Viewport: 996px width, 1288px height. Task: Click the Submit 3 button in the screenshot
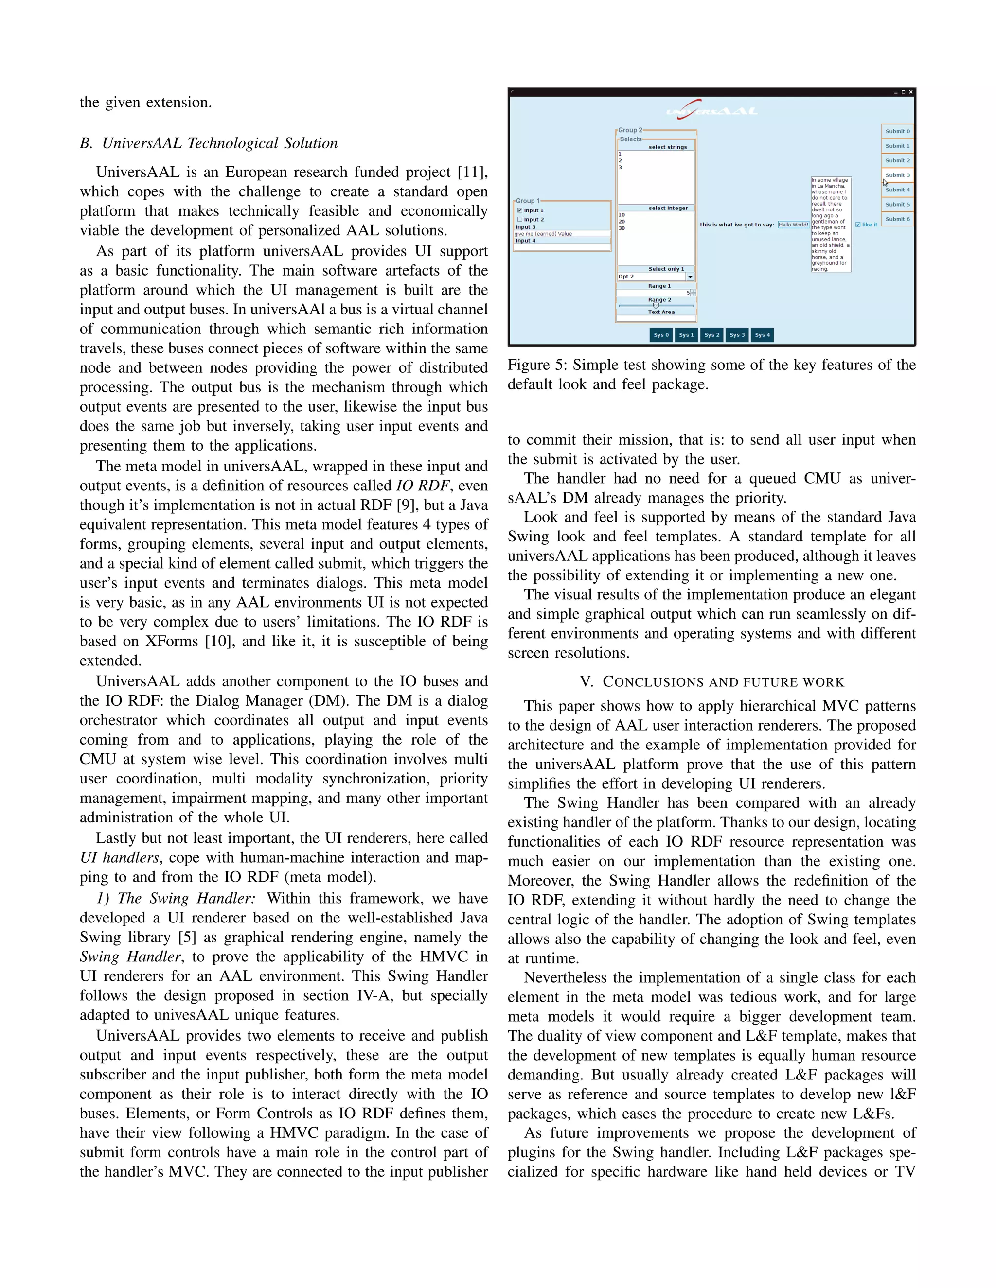[897, 175]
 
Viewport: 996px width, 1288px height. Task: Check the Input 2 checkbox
[520, 219]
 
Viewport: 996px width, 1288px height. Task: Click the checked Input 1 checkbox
[520, 210]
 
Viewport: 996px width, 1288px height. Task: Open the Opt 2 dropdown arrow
[690, 277]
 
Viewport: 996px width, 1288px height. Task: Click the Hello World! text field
[793, 225]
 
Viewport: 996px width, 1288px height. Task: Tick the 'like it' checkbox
[858, 225]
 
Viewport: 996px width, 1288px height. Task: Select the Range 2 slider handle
[656, 306]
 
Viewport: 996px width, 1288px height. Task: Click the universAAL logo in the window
[711, 110]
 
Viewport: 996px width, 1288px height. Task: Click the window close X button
[910, 92]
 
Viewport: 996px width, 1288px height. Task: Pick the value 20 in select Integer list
[622, 222]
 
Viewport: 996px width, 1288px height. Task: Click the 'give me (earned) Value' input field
[561, 233]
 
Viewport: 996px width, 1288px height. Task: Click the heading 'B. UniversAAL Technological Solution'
[209, 143]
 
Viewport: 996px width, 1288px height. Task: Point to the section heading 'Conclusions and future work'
[711, 682]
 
